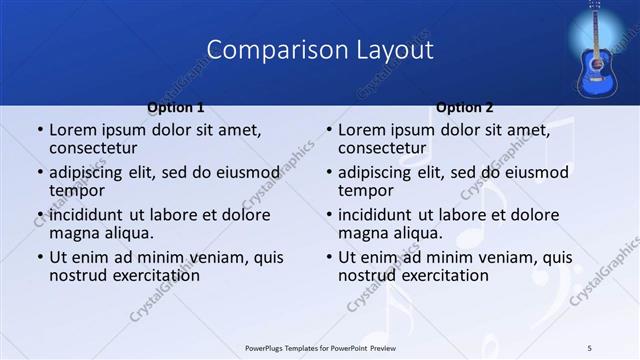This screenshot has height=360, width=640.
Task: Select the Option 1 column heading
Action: (x=176, y=108)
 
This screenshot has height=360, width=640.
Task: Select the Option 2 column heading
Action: (x=465, y=108)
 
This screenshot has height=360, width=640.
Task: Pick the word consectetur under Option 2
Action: (x=382, y=148)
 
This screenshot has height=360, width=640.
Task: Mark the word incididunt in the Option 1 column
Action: (x=88, y=215)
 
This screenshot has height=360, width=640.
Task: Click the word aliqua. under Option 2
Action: (x=419, y=233)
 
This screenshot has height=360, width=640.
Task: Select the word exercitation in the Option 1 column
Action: (x=151, y=275)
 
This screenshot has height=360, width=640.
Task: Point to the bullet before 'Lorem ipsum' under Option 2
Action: (x=328, y=131)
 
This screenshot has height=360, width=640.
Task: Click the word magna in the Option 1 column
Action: (x=75, y=233)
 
